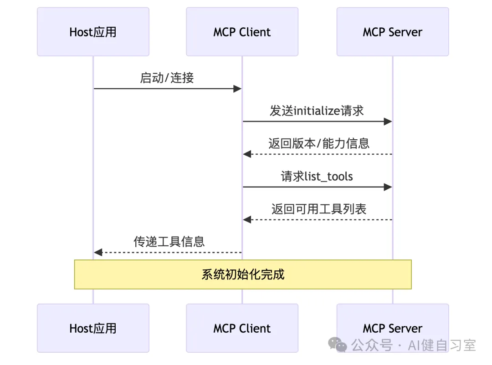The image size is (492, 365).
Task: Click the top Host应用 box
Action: [93, 32]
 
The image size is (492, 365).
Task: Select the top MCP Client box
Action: [242, 32]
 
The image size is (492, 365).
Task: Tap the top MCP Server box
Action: [393, 32]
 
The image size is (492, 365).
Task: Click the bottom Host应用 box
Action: [93, 328]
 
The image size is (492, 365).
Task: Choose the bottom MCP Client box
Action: [242, 328]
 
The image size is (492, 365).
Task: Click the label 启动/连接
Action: [167, 78]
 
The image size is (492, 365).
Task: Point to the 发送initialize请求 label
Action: [317, 111]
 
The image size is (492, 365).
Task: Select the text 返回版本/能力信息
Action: [319, 143]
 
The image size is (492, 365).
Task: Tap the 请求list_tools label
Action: [317, 176]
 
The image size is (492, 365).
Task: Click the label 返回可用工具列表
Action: [319, 209]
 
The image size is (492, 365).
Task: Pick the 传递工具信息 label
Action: [169, 242]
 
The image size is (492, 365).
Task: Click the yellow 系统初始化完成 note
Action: [243, 274]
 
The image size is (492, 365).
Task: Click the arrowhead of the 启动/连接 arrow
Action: [237, 89]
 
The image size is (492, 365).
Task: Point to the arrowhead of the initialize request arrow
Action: [388, 122]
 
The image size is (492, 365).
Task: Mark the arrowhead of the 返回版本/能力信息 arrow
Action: [247, 154]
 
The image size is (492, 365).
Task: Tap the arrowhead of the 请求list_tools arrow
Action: [388, 187]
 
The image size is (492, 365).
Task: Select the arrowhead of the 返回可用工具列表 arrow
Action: [247, 219]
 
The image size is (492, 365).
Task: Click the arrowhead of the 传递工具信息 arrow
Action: [98, 252]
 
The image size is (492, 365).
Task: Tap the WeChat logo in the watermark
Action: [337, 345]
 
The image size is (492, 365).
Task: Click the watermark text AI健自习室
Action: [442, 345]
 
